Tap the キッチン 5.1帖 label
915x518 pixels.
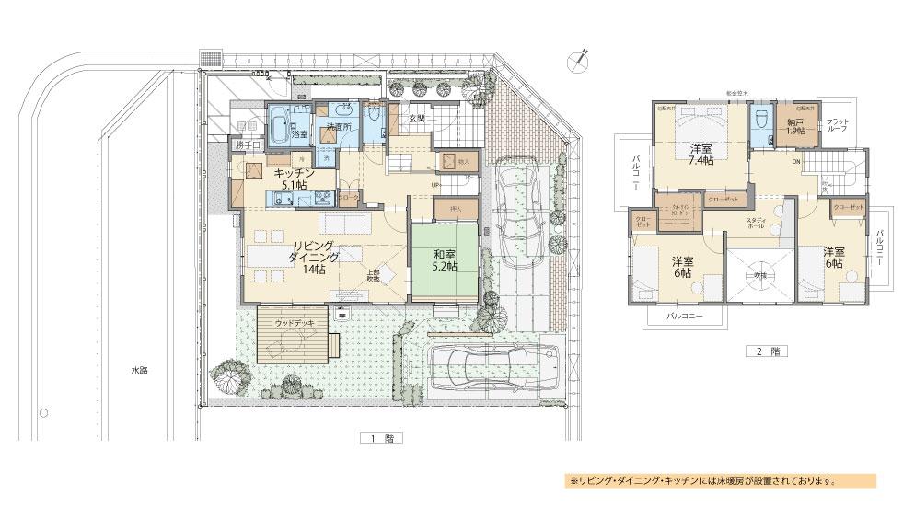point(295,177)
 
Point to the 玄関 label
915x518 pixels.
point(416,118)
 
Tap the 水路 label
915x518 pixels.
point(138,370)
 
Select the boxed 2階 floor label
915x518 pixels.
point(767,351)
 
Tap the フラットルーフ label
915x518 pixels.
point(838,126)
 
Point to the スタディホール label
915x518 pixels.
point(758,224)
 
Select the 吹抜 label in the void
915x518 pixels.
point(759,274)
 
